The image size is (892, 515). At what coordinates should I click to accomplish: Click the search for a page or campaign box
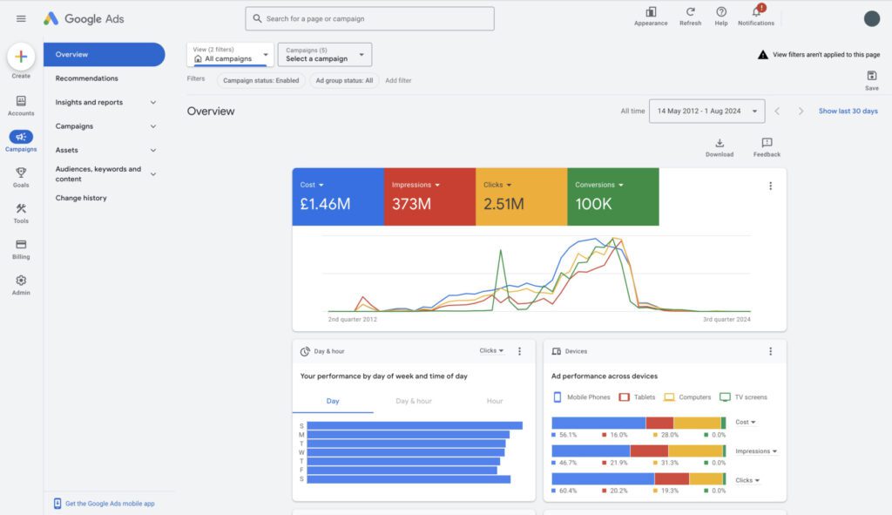coord(370,18)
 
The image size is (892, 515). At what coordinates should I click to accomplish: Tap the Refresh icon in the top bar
coord(690,12)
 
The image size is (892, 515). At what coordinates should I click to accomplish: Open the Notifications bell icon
coord(755,12)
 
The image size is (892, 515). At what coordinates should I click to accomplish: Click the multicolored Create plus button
coord(21,57)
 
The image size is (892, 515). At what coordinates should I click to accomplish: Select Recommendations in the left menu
coord(86,78)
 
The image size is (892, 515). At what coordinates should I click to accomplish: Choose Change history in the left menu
coord(81,198)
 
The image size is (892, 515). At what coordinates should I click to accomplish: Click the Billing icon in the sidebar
coord(21,245)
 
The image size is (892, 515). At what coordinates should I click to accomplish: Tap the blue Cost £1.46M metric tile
coord(337,197)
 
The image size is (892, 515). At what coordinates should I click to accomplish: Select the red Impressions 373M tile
coord(429,197)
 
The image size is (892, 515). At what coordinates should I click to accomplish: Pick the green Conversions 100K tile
coord(612,197)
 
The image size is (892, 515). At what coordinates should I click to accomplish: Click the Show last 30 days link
coord(848,112)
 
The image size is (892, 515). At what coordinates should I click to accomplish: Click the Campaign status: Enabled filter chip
coord(260,80)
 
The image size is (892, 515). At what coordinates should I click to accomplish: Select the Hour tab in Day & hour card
coord(495,401)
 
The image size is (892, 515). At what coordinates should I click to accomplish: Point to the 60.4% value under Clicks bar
coord(567,491)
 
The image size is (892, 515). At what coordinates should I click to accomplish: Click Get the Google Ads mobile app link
coord(109,504)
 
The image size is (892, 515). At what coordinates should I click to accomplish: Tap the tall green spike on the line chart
coord(501,254)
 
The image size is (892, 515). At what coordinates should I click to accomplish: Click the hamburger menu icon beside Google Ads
coord(21,18)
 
